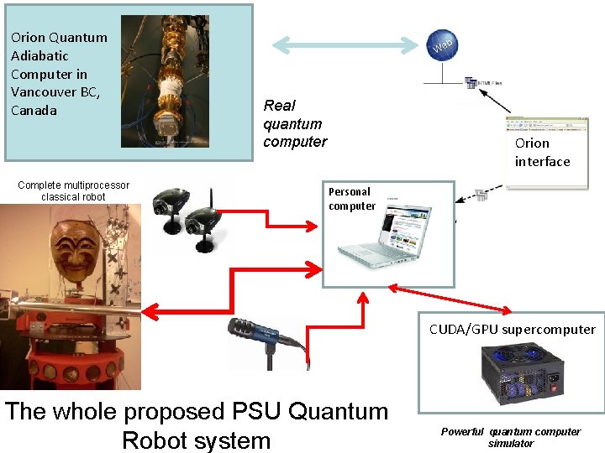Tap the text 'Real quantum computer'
tap(294, 123)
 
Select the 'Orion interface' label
tap(542, 152)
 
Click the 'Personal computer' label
tap(351, 199)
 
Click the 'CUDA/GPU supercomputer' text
tap(512, 329)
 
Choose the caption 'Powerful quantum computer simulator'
tap(510, 437)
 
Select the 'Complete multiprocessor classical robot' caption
tap(74, 190)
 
